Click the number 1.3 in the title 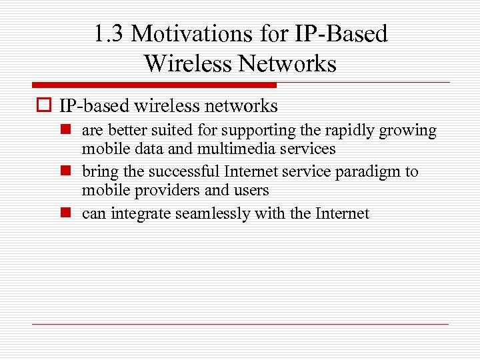[109, 34]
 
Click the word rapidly [351, 131]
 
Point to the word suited [158, 131]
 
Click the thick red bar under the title [153, 85]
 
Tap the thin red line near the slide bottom [240, 324]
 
